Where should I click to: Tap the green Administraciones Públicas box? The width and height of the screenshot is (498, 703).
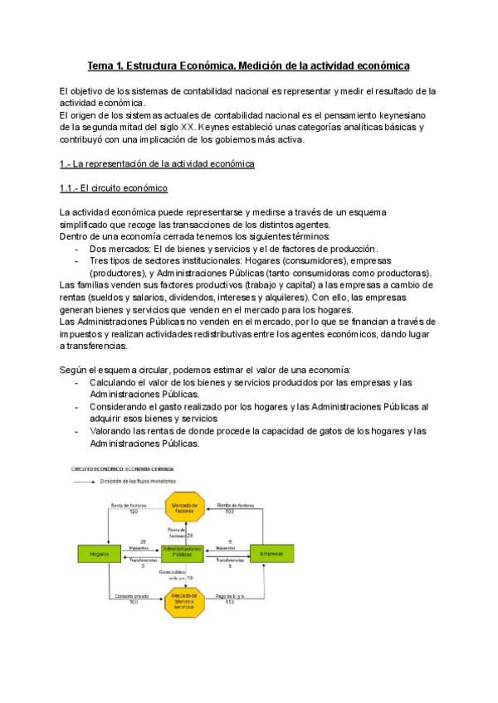(183, 553)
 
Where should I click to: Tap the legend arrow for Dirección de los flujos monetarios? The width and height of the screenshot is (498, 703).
(84, 481)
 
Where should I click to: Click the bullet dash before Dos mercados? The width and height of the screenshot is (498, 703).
(76, 249)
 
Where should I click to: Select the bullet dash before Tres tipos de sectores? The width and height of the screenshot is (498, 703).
(76, 260)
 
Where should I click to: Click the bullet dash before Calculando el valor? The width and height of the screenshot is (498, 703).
(76, 382)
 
